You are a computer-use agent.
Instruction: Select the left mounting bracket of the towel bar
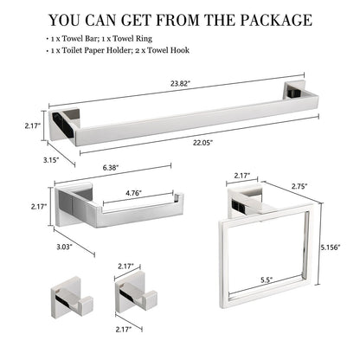[x=65, y=126]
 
